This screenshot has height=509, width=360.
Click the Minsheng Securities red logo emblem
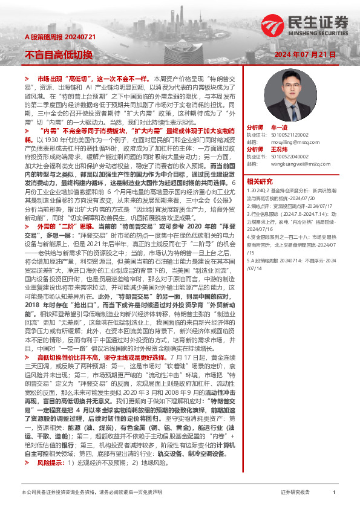(x=273, y=25)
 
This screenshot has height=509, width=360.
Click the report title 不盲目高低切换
(x=59, y=55)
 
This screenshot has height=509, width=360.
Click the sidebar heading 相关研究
(x=260, y=181)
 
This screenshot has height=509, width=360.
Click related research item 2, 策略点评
(x=289, y=205)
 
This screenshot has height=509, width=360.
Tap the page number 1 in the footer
(x=334, y=493)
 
